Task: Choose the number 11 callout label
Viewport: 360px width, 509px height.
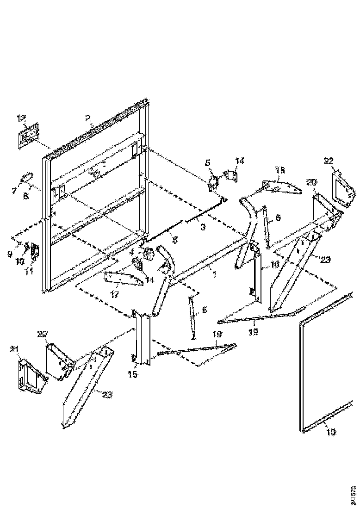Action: point(30,271)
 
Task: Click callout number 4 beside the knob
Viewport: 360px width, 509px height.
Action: point(133,253)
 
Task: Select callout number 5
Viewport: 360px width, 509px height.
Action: point(207,162)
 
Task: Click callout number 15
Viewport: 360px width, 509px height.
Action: point(133,374)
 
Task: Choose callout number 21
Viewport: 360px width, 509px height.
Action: point(13,350)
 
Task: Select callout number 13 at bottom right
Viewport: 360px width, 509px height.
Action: point(331,432)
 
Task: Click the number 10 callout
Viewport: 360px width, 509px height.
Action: point(20,262)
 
